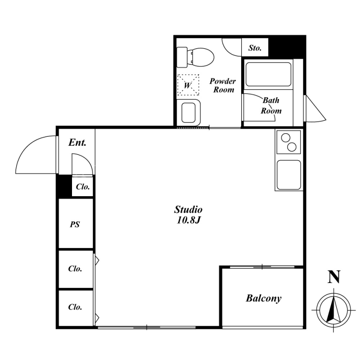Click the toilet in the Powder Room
pyautogui.click(x=195, y=57)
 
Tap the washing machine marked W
pyautogui.click(x=188, y=85)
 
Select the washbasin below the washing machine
pyautogui.click(x=188, y=112)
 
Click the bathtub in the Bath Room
pyautogui.click(x=268, y=74)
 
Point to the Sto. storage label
pyautogui.click(x=255, y=48)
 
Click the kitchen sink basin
pyautogui.click(x=289, y=175)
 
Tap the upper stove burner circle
pyautogui.click(x=286, y=138)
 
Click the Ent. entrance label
pyautogui.click(x=77, y=143)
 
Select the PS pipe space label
pyautogui.click(x=75, y=224)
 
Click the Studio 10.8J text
pyautogui.click(x=188, y=215)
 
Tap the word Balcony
pyautogui.click(x=264, y=298)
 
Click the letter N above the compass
pyautogui.click(x=334, y=277)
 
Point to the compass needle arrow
pyautogui.click(x=333, y=309)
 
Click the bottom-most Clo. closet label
pyautogui.click(x=75, y=307)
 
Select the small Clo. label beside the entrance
pyautogui.click(x=83, y=187)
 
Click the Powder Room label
pyautogui.click(x=223, y=85)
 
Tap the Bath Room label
pyautogui.click(x=271, y=105)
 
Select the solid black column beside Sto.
pyautogui.click(x=287, y=47)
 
